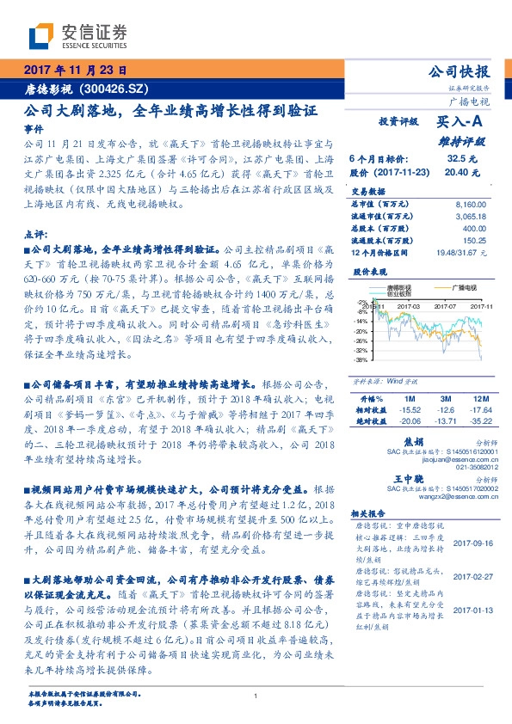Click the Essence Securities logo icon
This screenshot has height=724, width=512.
(41, 36)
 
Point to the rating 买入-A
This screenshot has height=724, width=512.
(463, 123)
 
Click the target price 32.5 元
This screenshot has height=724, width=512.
(455, 159)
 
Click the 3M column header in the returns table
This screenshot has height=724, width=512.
(444, 400)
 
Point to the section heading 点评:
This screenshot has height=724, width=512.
(35, 234)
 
